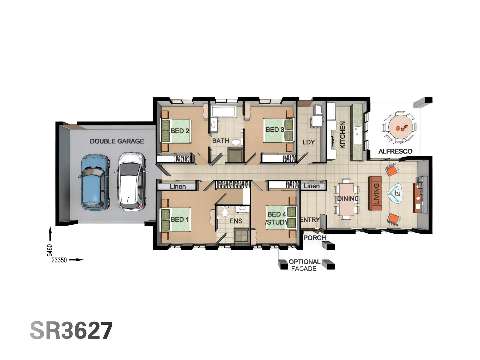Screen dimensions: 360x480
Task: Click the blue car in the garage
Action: [x=95, y=182]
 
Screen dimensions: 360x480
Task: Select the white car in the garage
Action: [x=132, y=181]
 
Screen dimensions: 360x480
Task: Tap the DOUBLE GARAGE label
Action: [x=117, y=141]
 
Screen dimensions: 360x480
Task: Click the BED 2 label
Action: [x=180, y=131]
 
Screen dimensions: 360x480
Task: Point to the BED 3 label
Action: [x=275, y=130]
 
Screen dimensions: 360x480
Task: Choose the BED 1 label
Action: [x=179, y=219]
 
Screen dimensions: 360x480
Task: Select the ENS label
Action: [x=236, y=221]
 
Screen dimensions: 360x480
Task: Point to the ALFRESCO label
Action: [x=395, y=151]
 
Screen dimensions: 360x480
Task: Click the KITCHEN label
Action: [x=342, y=135]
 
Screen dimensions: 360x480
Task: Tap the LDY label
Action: [x=308, y=142]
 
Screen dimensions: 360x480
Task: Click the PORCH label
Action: [x=314, y=238]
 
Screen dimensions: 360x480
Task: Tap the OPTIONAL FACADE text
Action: [x=304, y=265]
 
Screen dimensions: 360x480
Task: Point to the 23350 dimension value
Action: [x=59, y=260]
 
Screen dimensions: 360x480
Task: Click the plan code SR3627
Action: [x=71, y=330]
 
